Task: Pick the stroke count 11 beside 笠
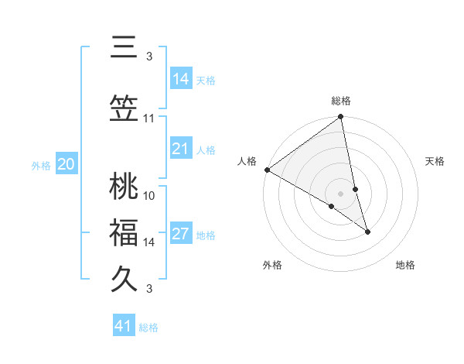[149, 118]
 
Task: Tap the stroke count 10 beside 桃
[149, 195]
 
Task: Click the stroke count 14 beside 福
[149, 242]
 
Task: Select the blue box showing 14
[180, 79]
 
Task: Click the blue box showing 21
[180, 149]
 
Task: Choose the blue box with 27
[180, 234]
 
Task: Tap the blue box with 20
[67, 164]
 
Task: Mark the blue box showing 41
[124, 326]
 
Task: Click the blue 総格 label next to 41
[149, 328]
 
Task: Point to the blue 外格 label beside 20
[41, 165]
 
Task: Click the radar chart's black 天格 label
[435, 161]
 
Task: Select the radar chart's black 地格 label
[405, 265]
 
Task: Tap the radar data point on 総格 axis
[340, 118]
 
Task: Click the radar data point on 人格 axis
[267, 170]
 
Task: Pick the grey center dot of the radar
[340, 193]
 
